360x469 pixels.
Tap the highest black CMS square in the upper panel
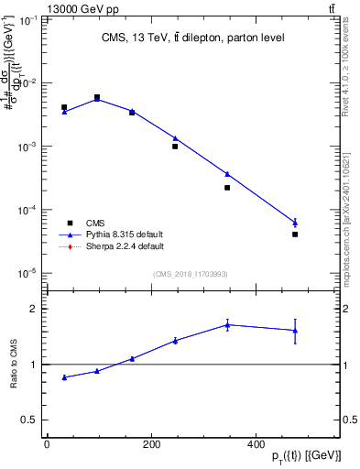coord(97,97)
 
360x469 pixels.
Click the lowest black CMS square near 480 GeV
coord(295,234)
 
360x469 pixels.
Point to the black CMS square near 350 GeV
coord(227,188)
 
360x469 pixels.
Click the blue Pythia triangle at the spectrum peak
coord(97,99)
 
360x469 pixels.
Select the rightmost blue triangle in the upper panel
coord(295,223)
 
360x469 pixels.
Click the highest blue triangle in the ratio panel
coord(227,324)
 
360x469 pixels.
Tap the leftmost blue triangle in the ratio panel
coord(64,377)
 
